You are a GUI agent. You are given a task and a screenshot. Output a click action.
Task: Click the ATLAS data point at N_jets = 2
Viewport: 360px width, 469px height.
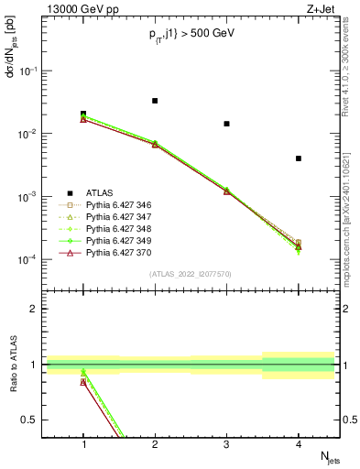[155, 101]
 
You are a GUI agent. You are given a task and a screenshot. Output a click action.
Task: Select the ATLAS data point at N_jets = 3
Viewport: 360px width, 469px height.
[226, 124]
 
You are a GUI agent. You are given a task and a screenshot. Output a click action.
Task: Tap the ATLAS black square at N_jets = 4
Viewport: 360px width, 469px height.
[299, 158]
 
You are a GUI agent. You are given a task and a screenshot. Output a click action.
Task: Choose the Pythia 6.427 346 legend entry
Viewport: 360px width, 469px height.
[119, 204]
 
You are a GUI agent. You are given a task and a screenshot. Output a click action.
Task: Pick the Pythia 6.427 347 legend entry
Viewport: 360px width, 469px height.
[119, 216]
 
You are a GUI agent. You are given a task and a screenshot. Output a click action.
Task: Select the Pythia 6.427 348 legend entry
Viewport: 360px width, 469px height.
[119, 228]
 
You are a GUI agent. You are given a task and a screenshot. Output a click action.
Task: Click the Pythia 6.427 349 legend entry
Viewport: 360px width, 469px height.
[119, 240]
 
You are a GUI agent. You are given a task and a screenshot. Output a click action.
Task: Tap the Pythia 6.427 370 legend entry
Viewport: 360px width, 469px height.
[119, 252]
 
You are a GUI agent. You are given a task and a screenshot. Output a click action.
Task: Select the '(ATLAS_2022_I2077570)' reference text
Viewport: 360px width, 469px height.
[191, 272]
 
